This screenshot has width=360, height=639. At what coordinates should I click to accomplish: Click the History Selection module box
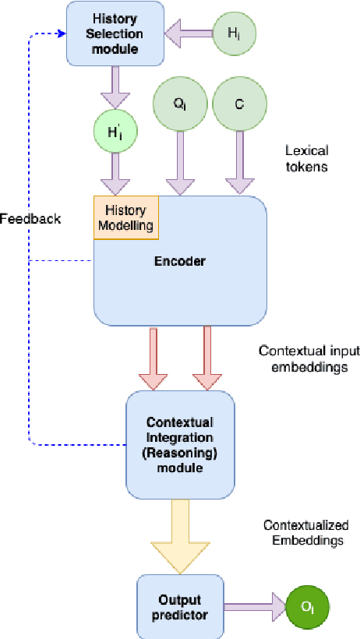pos(115,33)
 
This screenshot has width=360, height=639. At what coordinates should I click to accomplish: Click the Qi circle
pos(180,104)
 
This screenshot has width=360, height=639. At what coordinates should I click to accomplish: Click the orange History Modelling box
pos(126,216)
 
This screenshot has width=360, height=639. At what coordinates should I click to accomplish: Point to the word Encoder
pos(179,261)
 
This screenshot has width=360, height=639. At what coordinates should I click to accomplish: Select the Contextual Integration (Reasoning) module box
pos(180,445)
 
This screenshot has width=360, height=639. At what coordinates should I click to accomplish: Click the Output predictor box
pos(180,605)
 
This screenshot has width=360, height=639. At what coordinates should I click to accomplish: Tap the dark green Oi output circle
pos(307,605)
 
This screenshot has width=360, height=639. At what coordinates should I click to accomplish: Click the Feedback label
pos(30,219)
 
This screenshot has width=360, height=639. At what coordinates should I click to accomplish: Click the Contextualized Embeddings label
pos(305,532)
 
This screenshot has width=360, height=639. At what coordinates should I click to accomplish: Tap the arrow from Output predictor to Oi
pos(254,605)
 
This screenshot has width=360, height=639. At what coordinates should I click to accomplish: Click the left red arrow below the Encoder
pos(154,358)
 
